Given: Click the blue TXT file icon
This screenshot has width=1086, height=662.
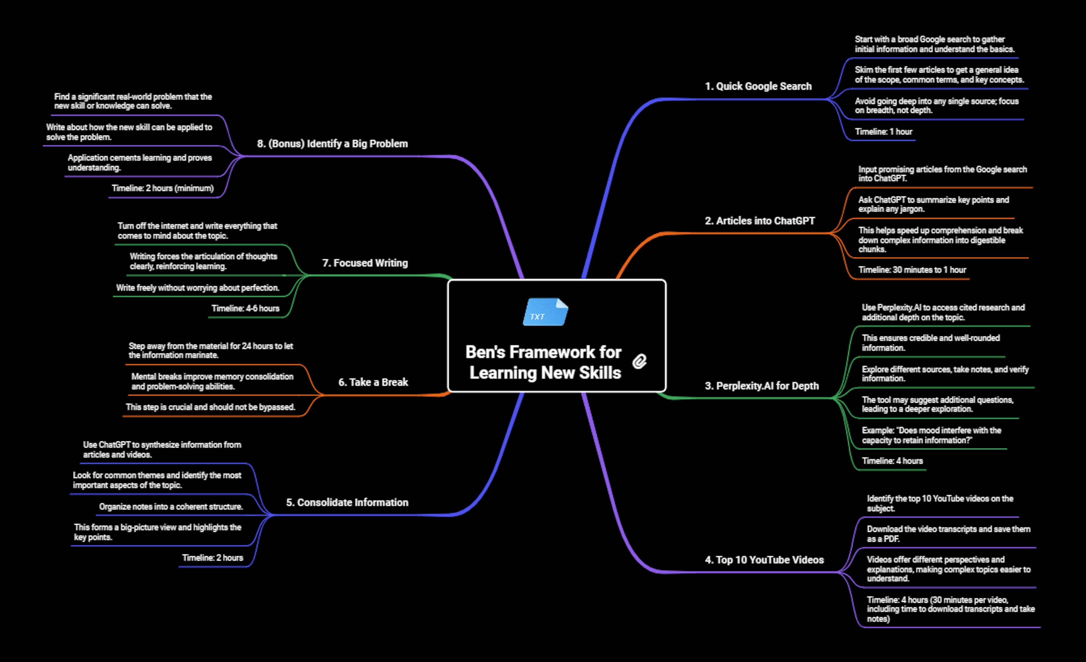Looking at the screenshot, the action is click(x=546, y=312).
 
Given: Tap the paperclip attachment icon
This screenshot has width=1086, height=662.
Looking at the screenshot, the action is click(x=639, y=362).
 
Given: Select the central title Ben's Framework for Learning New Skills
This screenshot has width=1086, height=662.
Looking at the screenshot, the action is click(x=544, y=362).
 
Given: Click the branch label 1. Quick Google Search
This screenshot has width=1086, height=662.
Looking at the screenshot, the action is click(x=758, y=86).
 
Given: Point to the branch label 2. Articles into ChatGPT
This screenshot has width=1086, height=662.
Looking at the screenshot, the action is click(x=760, y=221).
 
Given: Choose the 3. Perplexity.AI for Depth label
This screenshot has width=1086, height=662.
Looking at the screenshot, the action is click(x=762, y=386).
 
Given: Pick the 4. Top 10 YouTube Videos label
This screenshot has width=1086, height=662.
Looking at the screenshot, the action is click(x=764, y=560).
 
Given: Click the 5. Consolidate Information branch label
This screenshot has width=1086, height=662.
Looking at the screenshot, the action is click(x=347, y=503).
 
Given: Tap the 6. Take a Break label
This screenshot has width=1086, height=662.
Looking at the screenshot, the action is click(x=373, y=382).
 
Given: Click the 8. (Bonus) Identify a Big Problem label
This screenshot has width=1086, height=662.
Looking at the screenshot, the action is click(x=332, y=144).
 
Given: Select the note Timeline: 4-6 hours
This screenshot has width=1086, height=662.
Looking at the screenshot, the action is click(x=245, y=308).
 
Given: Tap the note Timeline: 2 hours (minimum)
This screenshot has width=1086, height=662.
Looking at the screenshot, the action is click(x=163, y=188).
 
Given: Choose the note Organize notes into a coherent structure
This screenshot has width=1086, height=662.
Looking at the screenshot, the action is click(x=171, y=507).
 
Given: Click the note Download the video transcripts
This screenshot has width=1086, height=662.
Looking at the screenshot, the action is click(x=949, y=534).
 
